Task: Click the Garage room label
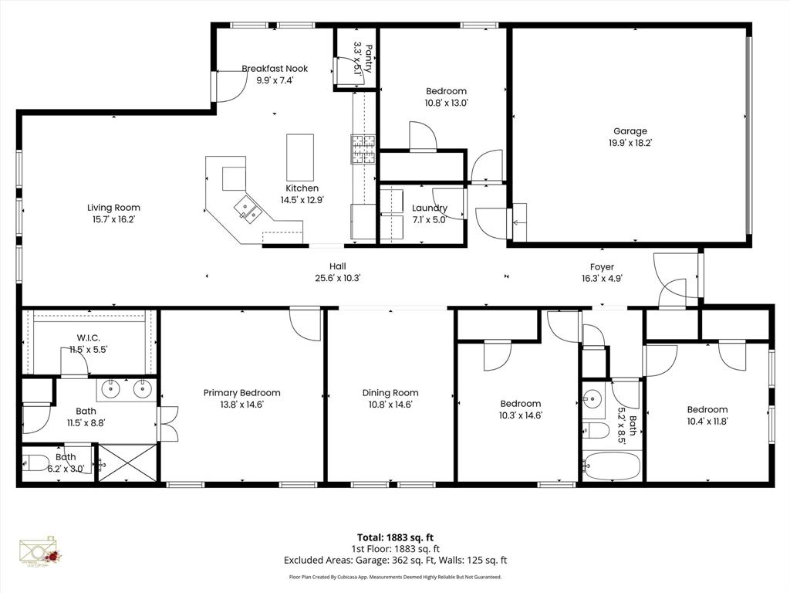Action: pyautogui.click(x=630, y=131)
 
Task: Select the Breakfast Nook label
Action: pyautogui.click(x=275, y=69)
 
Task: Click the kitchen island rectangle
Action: pyautogui.click(x=300, y=157)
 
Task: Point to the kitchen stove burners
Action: pyautogui.click(x=363, y=150)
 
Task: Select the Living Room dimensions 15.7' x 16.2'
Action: pyautogui.click(x=113, y=219)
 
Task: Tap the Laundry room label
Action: pyautogui.click(x=430, y=208)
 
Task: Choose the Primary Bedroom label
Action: pyautogui.click(x=241, y=392)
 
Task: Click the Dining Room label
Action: pyautogui.click(x=390, y=392)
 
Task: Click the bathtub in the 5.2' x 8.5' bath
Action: pyautogui.click(x=611, y=466)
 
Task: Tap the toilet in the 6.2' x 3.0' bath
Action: pyautogui.click(x=36, y=463)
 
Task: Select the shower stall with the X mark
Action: pyautogui.click(x=127, y=463)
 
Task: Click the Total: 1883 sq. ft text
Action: pyautogui.click(x=394, y=537)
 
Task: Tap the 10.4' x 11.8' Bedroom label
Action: pyautogui.click(x=707, y=409)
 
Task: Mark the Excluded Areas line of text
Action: pyautogui.click(x=394, y=561)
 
